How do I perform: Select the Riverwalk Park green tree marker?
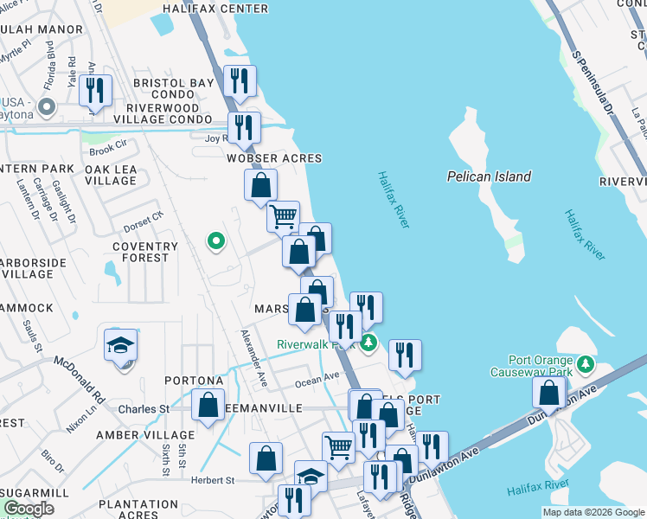tap(369, 343)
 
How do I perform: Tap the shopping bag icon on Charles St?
tap(208, 405)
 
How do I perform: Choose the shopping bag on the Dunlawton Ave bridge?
tap(550, 393)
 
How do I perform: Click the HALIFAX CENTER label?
tap(215, 9)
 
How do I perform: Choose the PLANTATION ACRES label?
tap(138, 509)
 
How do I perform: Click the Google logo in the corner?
tap(29, 509)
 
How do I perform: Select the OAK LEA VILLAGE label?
tap(111, 175)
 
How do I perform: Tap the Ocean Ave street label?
tap(317, 378)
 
